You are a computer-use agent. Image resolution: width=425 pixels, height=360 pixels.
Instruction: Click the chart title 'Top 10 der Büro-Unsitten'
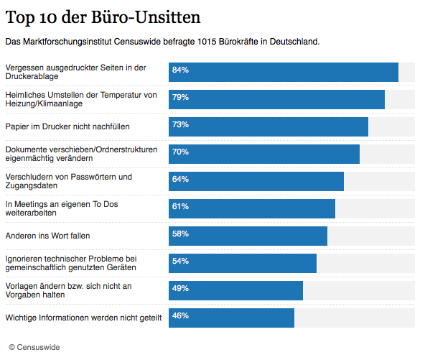(x=103, y=16)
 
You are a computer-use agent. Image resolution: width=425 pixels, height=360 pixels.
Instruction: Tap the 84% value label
(x=180, y=70)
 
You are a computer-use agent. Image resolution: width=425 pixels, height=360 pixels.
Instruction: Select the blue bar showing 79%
(x=276, y=99)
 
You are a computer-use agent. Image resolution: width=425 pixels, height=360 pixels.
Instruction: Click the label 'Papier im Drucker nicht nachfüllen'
(x=67, y=126)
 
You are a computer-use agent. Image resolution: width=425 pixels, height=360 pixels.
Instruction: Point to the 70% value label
(x=180, y=152)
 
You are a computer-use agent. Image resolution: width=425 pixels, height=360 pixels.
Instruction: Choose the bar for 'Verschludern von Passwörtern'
(x=256, y=181)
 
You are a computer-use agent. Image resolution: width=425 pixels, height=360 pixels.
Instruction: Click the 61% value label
(x=180, y=207)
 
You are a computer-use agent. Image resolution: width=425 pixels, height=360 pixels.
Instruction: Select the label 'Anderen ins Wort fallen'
(x=47, y=236)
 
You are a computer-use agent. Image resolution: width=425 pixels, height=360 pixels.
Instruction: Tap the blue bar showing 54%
(x=243, y=263)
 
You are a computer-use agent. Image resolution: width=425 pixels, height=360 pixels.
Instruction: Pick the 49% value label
(x=180, y=289)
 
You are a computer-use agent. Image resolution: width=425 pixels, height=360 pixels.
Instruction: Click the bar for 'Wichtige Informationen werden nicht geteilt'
(x=231, y=318)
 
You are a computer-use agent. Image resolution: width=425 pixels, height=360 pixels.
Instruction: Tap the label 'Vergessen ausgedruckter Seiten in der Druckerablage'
(x=75, y=72)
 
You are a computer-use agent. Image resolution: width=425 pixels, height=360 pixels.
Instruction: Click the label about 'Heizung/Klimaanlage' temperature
(x=80, y=99)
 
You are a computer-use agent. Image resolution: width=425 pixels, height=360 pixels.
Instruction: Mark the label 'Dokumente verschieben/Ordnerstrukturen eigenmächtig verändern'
(x=81, y=154)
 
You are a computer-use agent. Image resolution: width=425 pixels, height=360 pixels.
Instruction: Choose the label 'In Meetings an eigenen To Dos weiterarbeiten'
(x=61, y=208)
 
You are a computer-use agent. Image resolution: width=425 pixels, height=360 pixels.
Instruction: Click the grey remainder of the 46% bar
(x=354, y=318)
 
